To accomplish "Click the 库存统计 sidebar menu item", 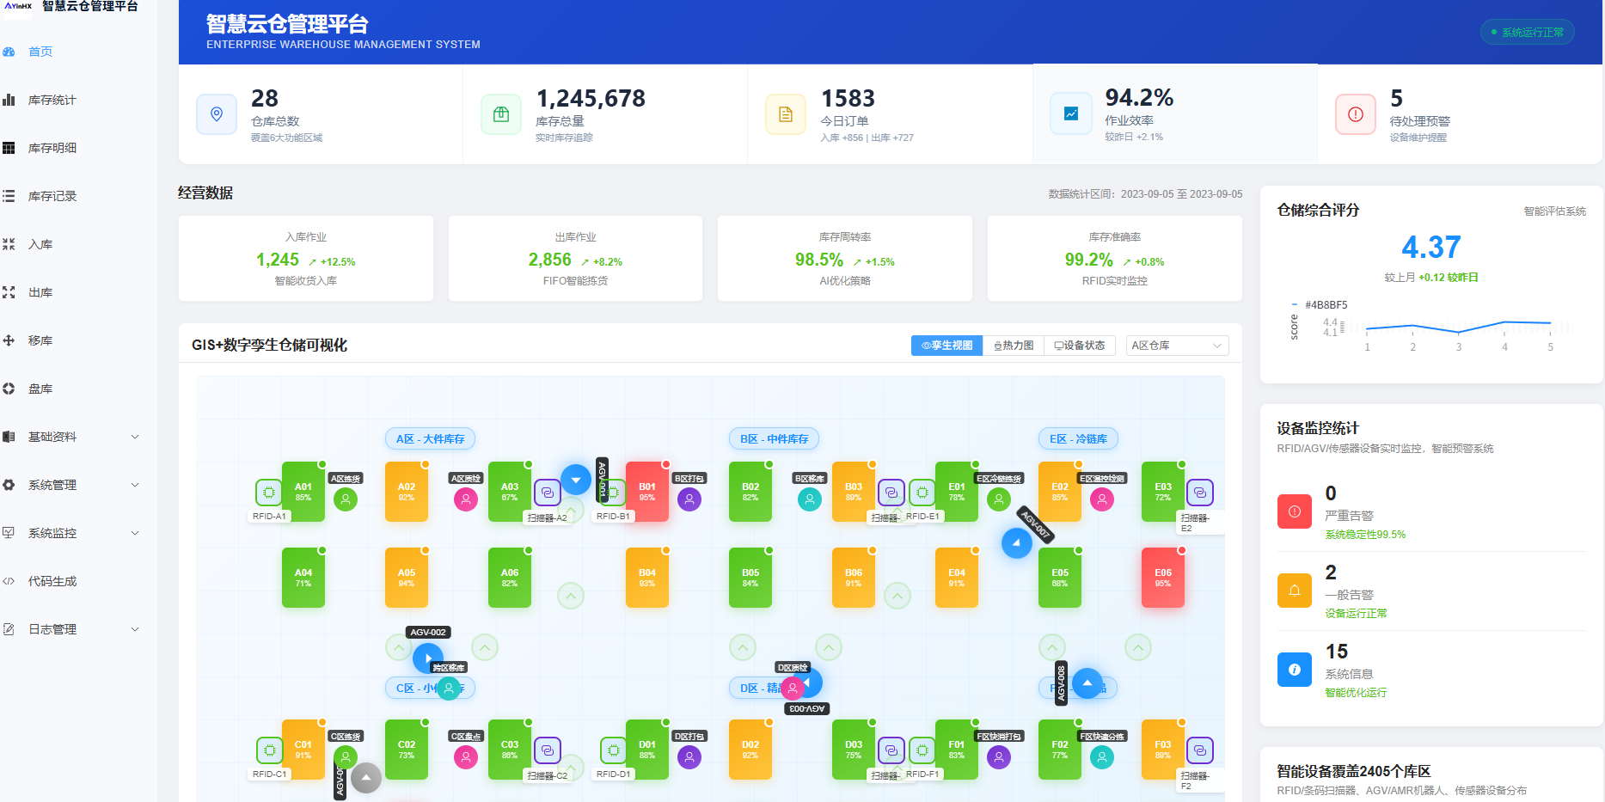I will point(52,100).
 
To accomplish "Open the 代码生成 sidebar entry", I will point(52,581).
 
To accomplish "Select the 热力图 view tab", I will point(1014,346).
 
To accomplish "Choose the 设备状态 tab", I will point(1080,346).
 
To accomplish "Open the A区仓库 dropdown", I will point(1177,346).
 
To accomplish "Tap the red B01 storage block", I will point(647,492).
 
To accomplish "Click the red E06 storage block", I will point(1163,578).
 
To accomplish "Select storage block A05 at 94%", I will point(407,578).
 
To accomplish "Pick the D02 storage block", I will point(750,750).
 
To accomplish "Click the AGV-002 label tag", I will point(428,633).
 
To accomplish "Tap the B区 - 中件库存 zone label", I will point(774,439).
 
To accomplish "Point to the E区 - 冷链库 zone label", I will point(1078,439).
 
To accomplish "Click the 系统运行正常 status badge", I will point(1528,33).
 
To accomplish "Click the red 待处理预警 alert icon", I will point(1356,114).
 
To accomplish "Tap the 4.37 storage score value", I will point(1430,248).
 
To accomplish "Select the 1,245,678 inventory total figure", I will point(591,99).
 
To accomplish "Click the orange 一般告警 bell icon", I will point(1294,591).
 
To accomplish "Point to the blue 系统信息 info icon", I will point(1294,670).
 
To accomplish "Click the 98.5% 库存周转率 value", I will point(819,260).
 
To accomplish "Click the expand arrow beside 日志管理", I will point(135,629).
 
